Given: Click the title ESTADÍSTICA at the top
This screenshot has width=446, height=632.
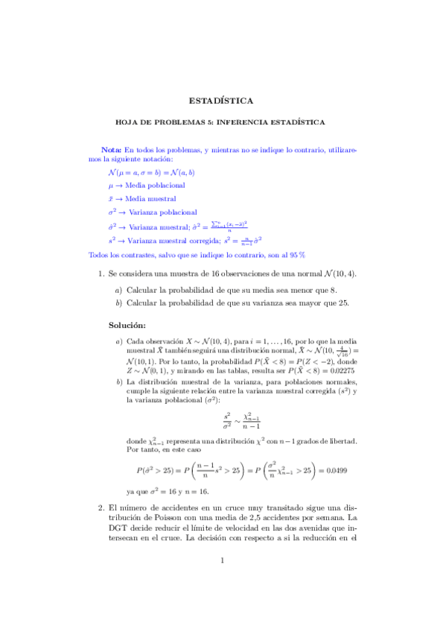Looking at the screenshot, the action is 221,100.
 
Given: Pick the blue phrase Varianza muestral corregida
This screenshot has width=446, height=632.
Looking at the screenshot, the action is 173,241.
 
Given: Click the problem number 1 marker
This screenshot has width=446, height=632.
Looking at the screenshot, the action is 101,274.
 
